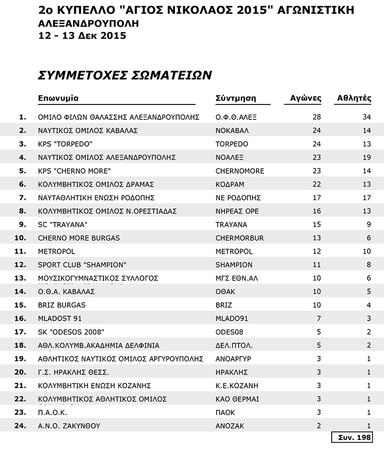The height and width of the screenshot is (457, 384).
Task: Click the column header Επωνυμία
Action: point(58,98)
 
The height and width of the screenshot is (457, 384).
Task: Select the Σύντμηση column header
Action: point(236,98)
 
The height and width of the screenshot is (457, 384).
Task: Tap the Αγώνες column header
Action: point(306,98)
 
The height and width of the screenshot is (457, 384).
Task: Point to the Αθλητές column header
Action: point(354,98)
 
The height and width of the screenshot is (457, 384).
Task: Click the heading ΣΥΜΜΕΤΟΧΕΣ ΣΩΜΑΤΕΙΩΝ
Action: point(125,75)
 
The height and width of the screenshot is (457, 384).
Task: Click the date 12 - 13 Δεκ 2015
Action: point(82,36)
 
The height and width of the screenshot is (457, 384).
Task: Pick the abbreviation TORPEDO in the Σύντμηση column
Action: point(232,144)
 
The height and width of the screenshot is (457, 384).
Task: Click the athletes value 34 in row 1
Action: point(366,117)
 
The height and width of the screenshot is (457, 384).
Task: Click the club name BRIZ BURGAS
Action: point(61,305)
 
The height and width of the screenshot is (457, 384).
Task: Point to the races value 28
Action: point(316,117)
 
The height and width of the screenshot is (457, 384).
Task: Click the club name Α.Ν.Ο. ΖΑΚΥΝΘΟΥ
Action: point(69,425)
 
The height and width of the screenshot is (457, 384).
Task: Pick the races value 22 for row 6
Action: point(316,184)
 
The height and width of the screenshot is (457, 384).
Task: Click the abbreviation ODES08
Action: point(229,331)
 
